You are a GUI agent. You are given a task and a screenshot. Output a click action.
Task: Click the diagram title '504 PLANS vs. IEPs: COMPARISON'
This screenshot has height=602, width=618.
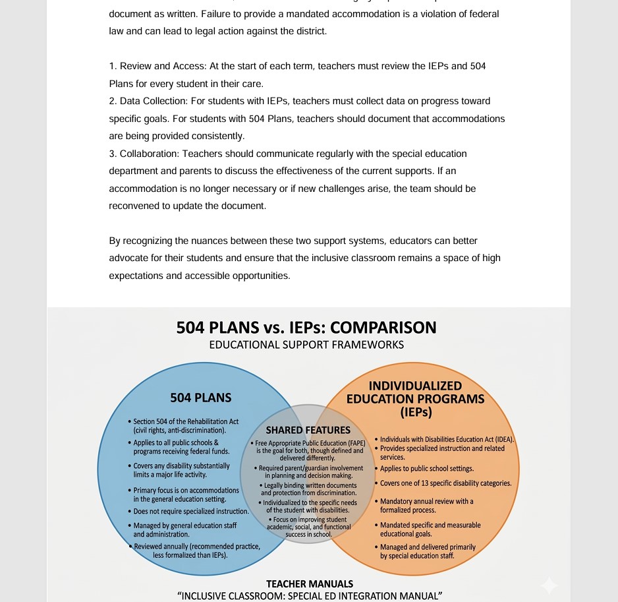click(x=306, y=328)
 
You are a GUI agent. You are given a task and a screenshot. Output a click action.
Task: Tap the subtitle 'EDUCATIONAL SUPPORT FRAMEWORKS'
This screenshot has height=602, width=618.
click(x=306, y=345)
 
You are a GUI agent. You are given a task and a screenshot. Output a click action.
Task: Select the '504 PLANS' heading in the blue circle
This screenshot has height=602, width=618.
click(x=201, y=398)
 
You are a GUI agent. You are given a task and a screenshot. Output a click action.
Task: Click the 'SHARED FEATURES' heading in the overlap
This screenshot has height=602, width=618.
click(x=308, y=431)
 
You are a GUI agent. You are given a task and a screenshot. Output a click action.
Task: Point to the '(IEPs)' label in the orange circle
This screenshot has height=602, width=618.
click(x=415, y=413)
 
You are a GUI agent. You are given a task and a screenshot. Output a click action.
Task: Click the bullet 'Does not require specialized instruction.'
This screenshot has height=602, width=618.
click(x=191, y=511)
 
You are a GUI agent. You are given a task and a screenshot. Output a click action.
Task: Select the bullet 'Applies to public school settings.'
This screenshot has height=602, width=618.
click(x=426, y=469)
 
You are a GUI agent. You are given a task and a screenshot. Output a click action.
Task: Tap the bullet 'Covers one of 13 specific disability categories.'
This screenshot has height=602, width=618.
click(x=445, y=483)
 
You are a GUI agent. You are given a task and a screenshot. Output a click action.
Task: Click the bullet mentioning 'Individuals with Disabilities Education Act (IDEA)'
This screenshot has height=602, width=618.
click(x=447, y=439)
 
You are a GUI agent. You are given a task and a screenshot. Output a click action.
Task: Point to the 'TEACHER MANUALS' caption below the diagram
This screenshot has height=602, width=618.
click(x=310, y=584)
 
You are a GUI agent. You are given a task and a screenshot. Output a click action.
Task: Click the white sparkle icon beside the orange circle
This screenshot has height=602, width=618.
click(x=549, y=585)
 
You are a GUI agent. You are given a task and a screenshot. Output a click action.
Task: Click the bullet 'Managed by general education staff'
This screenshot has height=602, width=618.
click(x=184, y=529)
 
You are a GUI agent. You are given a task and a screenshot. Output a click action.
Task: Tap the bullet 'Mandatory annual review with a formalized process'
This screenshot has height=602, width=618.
click(x=426, y=506)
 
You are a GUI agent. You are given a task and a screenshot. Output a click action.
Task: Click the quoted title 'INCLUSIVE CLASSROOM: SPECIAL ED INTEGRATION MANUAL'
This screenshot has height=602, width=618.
click(x=310, y=596)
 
